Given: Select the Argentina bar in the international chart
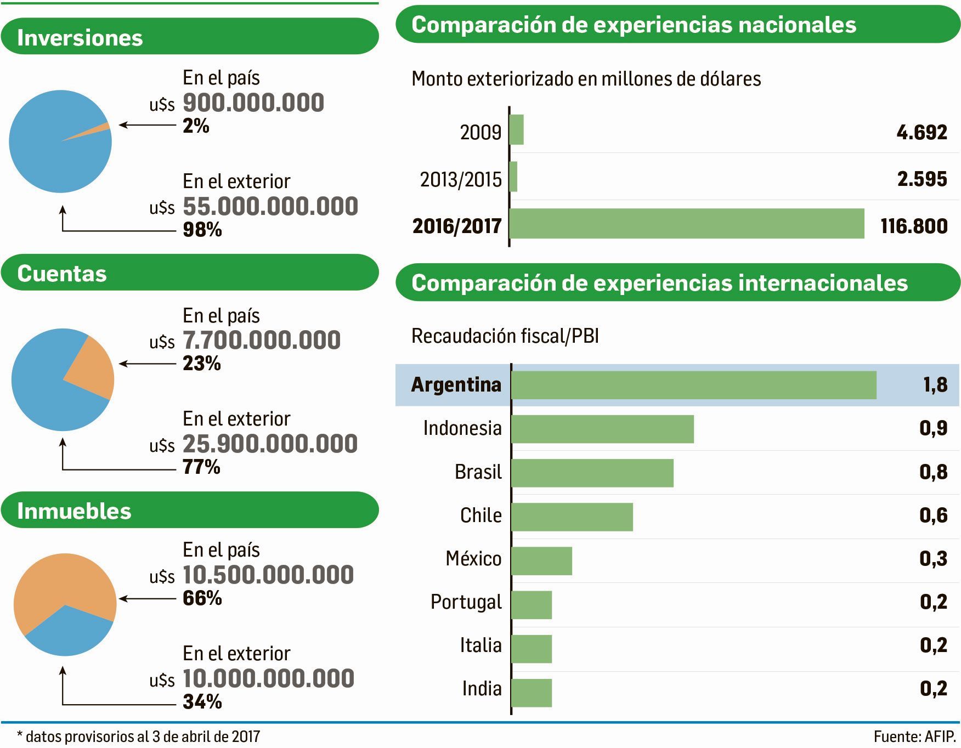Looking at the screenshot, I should point(693,385).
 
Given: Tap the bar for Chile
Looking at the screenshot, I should point(572,517).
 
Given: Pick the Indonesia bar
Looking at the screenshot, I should point(602,429).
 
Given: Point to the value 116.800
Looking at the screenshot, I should point(914,226).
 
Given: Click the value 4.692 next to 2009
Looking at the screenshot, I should point(922,132).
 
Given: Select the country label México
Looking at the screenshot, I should point(473,559).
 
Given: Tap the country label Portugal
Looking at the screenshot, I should point(466,602).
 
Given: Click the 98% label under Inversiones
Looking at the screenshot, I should point(202,229).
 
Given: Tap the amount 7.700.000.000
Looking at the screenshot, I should point(261,341).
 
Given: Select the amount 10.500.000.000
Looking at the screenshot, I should point(268,575).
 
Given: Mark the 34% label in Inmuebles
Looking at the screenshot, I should point(202,701).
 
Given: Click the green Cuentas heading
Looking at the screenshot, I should point(189,273).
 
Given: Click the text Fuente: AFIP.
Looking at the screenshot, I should point(914,736).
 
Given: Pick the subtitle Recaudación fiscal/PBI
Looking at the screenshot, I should point(505,336).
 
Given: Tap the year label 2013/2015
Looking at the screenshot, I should point(461,179).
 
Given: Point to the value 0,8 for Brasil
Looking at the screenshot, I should point(933,472).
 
